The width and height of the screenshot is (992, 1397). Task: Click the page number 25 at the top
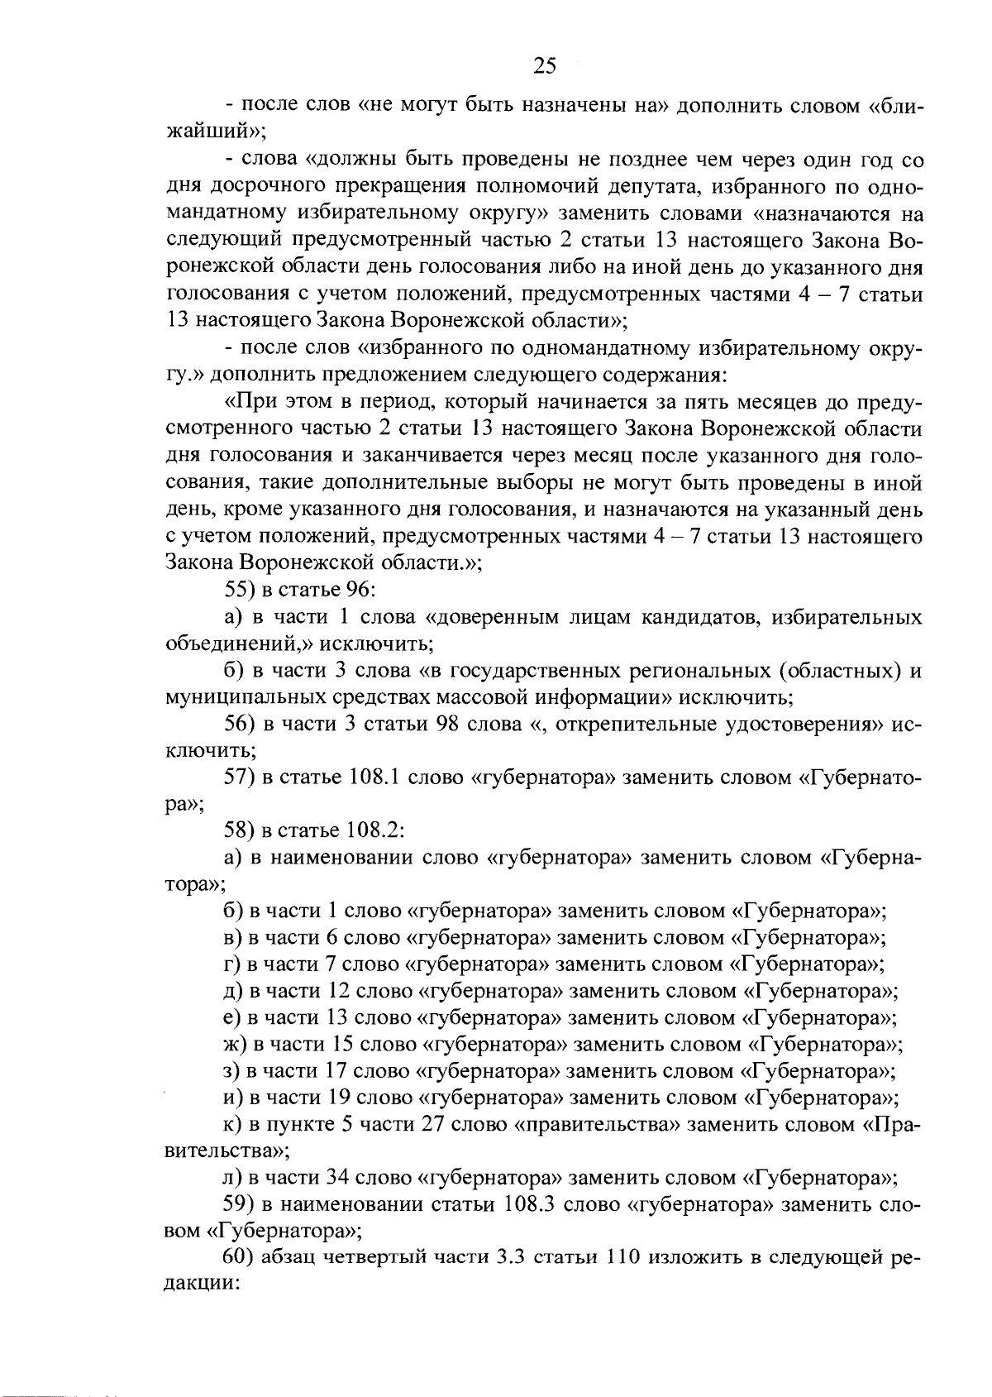point(545,65)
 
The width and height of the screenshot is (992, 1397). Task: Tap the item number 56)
point(239,724)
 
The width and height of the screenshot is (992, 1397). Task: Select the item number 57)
point(239,777)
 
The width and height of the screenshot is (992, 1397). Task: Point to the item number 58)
point(239,830)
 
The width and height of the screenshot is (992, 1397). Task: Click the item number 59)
point(239,1204)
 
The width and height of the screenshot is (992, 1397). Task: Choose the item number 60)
point(239,1258)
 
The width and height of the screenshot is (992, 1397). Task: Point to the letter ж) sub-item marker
point(236,1045)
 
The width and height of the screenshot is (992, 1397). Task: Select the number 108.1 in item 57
point(375,777)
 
